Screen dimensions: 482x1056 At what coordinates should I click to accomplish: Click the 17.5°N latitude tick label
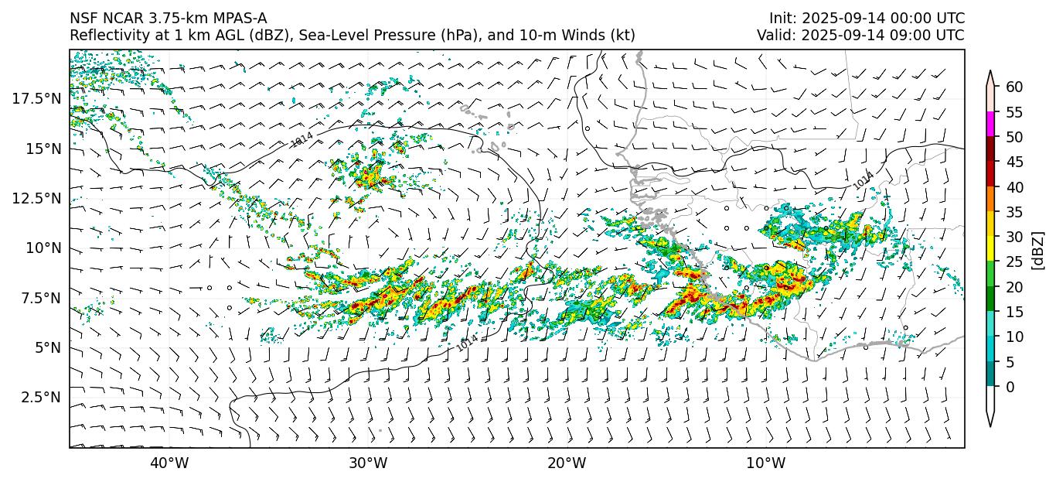pos(37,98)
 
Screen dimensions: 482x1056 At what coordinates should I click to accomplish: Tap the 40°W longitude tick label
pos(169,463)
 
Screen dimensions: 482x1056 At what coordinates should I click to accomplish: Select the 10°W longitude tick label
pos(766,463)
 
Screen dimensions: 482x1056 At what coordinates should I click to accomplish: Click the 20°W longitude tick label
pos(567,463)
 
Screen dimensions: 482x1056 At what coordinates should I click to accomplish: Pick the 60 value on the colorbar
pos(1014,87)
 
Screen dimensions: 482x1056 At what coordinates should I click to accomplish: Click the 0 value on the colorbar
pos(1010,387)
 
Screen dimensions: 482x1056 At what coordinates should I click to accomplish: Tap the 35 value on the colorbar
pos(1014,212)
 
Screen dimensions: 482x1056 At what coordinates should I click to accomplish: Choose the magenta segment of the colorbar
pos(990,125)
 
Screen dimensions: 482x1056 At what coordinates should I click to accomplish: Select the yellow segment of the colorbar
pos(990,249)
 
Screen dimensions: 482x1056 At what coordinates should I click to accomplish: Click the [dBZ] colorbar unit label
pos(1038,249)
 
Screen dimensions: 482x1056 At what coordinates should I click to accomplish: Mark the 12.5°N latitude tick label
pos(37,198)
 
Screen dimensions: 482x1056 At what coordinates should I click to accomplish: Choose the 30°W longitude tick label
pos(368,463)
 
